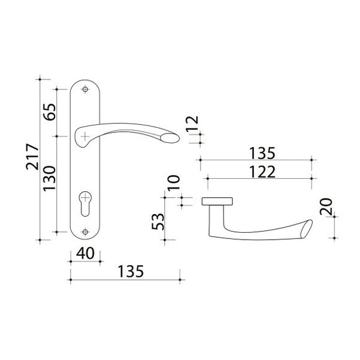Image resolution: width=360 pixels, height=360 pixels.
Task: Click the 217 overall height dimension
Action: [x=32, y=157]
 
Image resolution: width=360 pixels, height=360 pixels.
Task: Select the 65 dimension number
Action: [x=50, y=112]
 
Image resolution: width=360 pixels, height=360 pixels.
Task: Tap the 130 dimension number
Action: [x=50, y=179]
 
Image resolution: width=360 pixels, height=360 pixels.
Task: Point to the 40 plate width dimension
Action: [x=85, y=253]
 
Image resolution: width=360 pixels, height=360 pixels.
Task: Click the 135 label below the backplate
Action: [x=130, y=271]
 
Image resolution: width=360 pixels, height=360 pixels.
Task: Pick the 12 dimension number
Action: [x=192, y=124]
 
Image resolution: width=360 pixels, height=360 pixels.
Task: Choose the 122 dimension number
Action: [x=262, y=172]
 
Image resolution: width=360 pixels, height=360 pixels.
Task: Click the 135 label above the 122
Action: [x=262, y=153]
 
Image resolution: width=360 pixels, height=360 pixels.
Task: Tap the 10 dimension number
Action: [x=174, y=183]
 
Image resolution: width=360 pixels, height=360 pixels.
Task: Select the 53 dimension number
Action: [x=158, y=222]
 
